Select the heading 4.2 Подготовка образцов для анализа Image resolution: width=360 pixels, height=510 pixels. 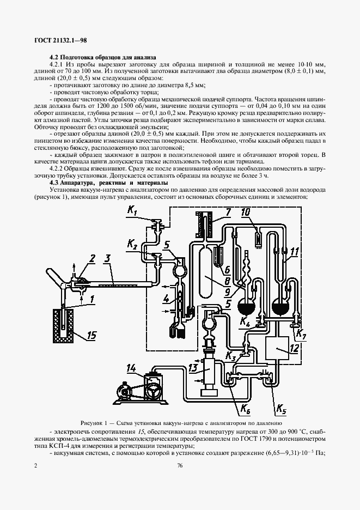tap(102, 57)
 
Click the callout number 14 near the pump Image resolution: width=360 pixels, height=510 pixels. tap(131, 368)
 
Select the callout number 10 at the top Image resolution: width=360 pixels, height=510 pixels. tap(246, 211)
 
